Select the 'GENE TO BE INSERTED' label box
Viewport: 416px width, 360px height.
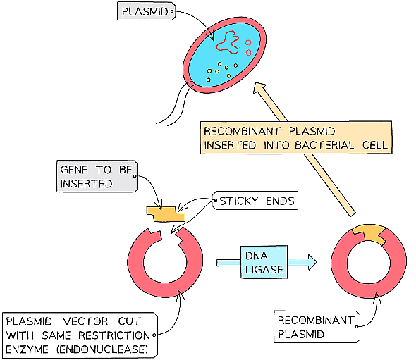pyautogui.click(x=97, y=175)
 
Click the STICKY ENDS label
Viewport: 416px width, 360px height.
pyautogui.click(x=256, y=201)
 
